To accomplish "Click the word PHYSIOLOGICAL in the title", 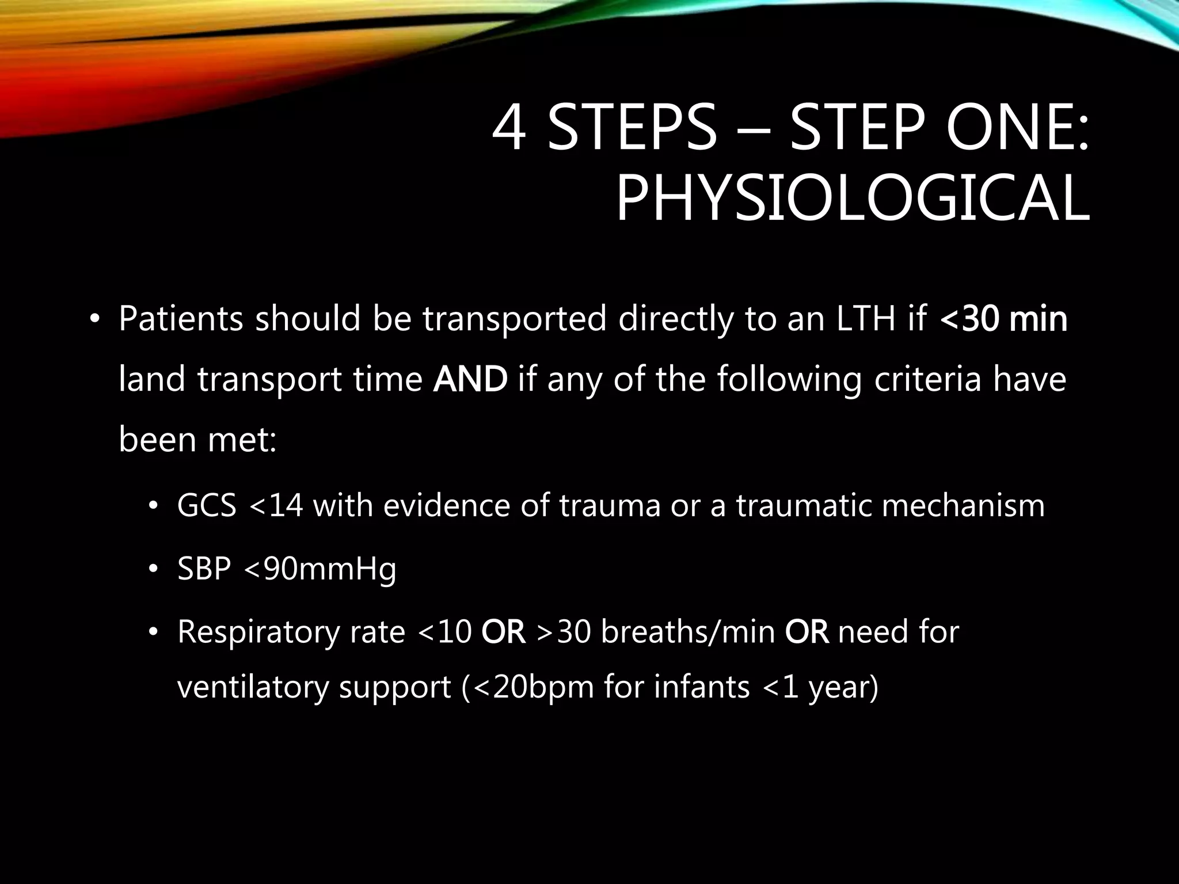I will pyautogui.click(x=853, y=199).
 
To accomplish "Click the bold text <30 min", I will pyautogui.click(x=1003, y=320).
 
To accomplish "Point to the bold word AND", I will pyautogui.click(x=470, y=380).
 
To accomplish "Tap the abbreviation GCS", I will pyautogui.click(x=207, y=506).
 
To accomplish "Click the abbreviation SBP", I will pyautogui.click(x=204, y=569).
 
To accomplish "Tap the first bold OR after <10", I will pyautogui.click(x=503, y=632).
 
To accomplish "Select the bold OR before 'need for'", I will pyautogui.click(x=807, y=632).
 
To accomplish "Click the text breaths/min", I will pyautogui.click(x=688, y=632).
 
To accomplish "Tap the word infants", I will pyautogui.click(x=702, y=686).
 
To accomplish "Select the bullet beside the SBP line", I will pyautogui.click(x=153, y=569).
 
